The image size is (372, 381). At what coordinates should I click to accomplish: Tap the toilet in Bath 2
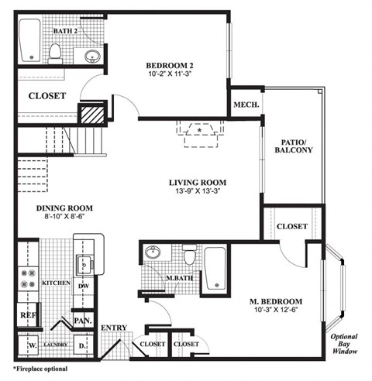[55, 51]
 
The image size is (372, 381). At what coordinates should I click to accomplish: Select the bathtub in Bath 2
[29, 40]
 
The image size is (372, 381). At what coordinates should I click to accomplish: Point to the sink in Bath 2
[92, 55]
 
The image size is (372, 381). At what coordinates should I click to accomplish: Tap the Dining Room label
[64, 208]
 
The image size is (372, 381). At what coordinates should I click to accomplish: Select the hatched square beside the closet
[93, 115]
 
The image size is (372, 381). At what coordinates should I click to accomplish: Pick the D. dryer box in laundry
[83, 345]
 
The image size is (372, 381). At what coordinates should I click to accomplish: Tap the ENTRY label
[113, 328]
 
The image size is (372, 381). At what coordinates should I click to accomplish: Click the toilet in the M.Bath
[188, 253]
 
